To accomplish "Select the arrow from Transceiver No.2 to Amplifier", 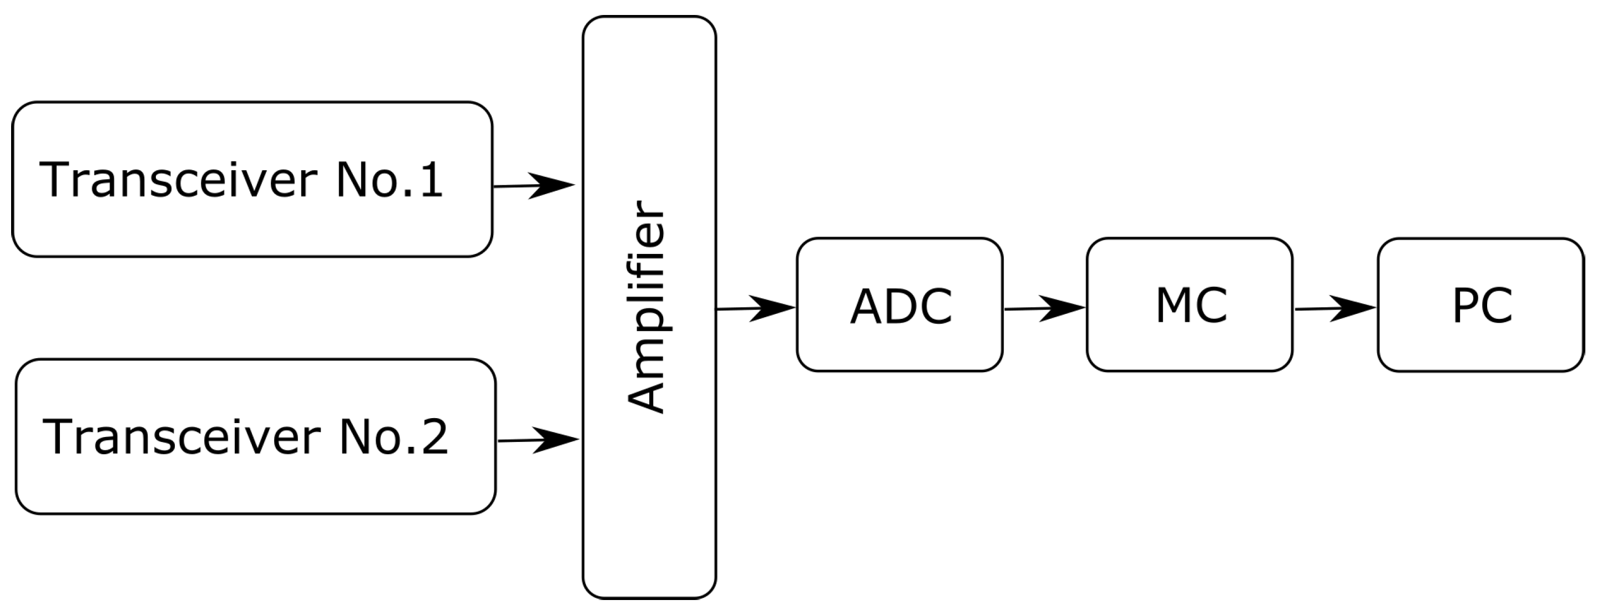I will [538, 440].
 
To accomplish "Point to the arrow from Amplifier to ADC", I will [756, 308].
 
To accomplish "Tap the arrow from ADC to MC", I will [1045, 308].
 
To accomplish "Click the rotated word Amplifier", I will [646, 307].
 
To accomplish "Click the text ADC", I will [901, 307].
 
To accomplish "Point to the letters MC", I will [1191, 306].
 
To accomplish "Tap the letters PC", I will [1482, 306].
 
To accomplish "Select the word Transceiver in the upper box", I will [179, 180].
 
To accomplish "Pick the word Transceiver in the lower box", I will [181, 437].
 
